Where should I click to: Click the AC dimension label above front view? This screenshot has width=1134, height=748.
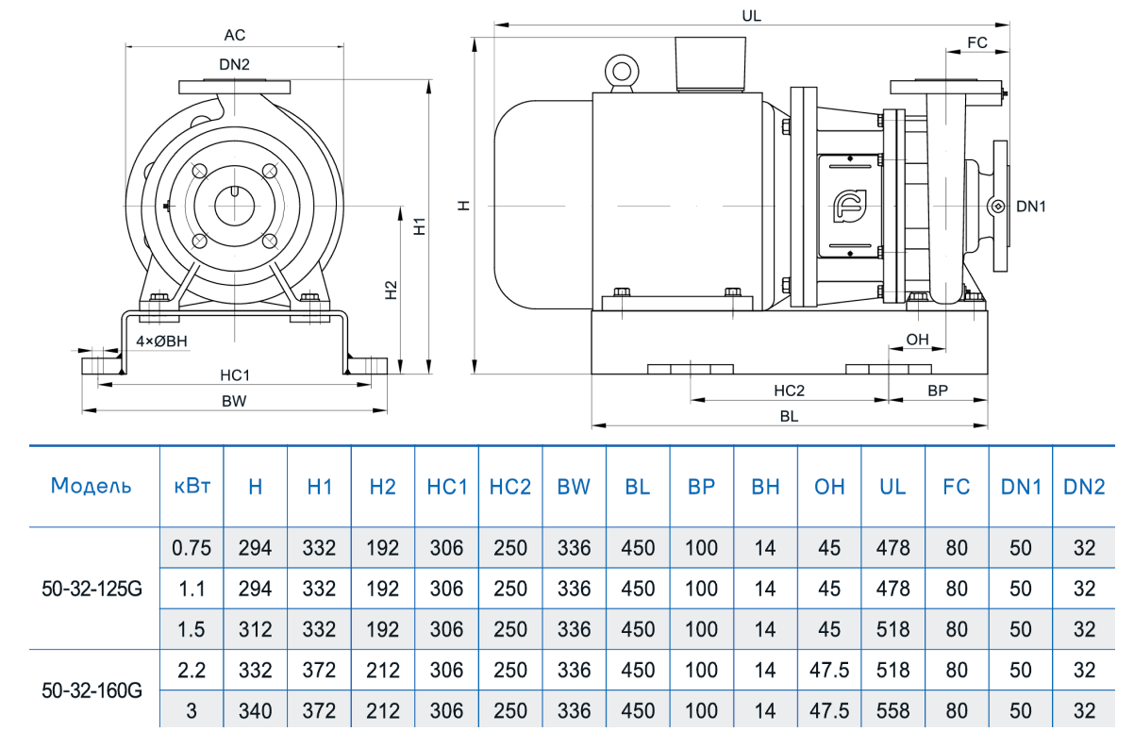coord(235,35)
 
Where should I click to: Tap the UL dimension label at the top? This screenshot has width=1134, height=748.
coord(752,17)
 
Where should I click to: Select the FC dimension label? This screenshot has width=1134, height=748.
coord(977,42)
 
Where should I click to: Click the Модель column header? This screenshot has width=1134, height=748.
coord(92,487)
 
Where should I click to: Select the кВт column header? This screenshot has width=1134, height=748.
coord(192,487)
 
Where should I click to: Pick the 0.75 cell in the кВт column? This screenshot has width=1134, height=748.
coord(192,548)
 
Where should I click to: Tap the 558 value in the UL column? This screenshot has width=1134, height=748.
coord(892,711)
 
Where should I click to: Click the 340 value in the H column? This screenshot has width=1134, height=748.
coord(255,711)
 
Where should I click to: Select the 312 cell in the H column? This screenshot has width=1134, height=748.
coord(255,630)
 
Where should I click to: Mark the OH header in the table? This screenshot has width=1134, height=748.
coord(829,487)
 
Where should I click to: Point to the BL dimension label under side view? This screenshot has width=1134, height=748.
coord(789,415)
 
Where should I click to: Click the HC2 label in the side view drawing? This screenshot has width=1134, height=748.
coord(789,391)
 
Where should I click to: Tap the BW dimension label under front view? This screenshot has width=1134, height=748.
coord(234,401)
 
